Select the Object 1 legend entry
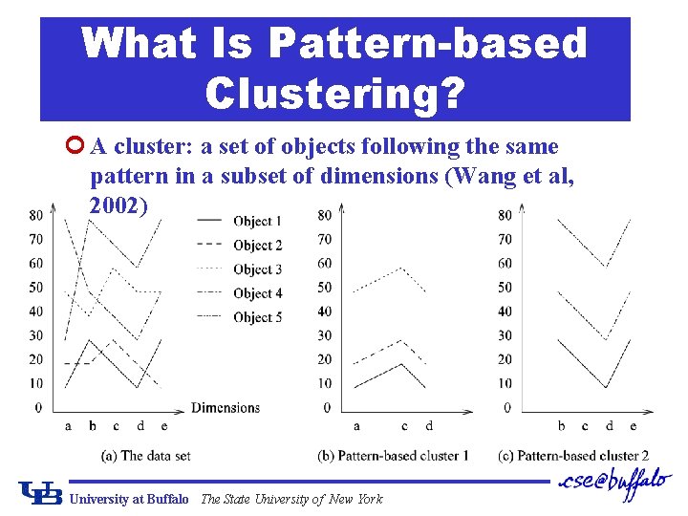257,221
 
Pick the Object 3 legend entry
257,269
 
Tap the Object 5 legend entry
257,317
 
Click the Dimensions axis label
226,408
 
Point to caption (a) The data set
144,456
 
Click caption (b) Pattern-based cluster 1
393,456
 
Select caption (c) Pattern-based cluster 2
573,456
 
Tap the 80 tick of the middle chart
325,215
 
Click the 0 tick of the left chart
37,408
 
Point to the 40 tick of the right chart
505,312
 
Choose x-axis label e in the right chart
634,426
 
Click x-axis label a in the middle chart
356,426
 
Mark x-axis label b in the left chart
92,426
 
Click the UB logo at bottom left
39,492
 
